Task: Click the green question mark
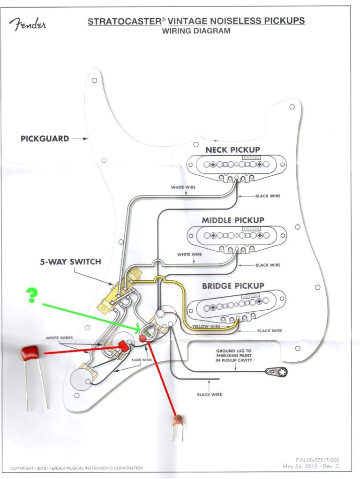click(x=31, y=294)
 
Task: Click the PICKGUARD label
click(x=45, y=139)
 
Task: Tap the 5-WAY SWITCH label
click(x=70, y=262)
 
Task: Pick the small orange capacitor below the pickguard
click(x=178, y=420)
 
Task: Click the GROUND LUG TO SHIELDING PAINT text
click(x=234, y=355)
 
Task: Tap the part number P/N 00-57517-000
click(x=317, y=461)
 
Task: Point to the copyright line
click(x=76, y=468)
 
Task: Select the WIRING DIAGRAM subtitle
click(x=196, y=31)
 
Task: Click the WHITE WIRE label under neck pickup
click(x=183, y=187)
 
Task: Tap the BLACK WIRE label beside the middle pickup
click(x=268, y=265)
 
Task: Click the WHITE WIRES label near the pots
click(x=59, y=337)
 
